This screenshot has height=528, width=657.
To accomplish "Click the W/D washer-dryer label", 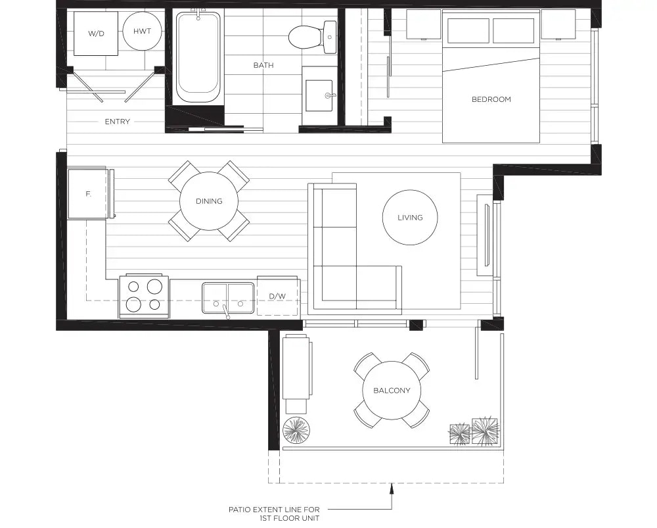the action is tap(96, 34).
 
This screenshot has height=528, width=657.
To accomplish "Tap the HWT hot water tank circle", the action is tap(143, 31).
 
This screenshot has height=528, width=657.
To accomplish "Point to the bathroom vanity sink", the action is tap(320, 95).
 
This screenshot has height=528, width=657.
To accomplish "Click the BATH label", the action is tap(263, 65).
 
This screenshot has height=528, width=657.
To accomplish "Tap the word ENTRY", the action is tap(118, 122).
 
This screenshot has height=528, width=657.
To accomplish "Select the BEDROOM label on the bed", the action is tap(491, 99).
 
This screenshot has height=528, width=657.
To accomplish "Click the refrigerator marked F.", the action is tap(89, 193).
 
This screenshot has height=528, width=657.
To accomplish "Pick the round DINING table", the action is tap(209, 201).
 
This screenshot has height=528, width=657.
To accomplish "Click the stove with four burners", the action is tap(144, 297).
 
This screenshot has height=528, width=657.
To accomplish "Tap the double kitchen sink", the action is tap(228, 298).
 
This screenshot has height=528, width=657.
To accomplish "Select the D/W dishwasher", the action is tap(277, 296).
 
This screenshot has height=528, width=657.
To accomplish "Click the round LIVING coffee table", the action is tap(410, 217).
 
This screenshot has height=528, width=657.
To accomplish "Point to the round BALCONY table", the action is tap(392, 391).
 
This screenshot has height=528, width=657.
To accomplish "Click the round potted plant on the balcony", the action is tap(297, 430).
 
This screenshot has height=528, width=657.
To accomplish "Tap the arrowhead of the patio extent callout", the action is tap(392, 487).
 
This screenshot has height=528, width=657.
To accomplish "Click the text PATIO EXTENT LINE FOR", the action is tap(274, 510).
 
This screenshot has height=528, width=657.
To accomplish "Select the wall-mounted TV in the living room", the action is tap(487, 235).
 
